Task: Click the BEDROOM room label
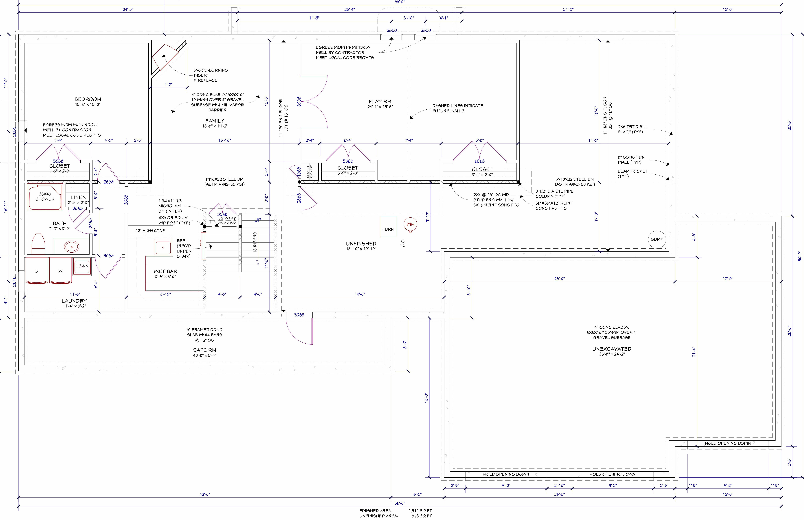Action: click(88, 99)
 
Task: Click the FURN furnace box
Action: click(388, 227)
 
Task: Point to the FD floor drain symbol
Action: click(403, 241)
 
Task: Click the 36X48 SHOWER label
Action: click(45, 197)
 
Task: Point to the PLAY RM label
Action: click(380, 101)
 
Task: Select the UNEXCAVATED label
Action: click(612, 349)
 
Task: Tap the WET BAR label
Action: click(165, 271)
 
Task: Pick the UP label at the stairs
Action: click(258, 220)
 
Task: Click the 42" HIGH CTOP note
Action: click(150, 231)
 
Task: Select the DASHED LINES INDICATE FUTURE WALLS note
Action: click(458, 108)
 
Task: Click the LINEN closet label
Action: click(78, 197)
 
